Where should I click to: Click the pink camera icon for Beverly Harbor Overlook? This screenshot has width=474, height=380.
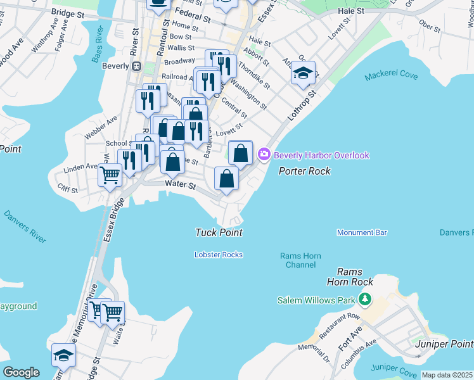(264, 155)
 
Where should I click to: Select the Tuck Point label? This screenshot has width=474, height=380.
(219, 233)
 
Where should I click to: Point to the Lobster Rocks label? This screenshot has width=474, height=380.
(219, 255)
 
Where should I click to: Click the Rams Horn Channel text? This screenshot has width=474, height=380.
(300, 260)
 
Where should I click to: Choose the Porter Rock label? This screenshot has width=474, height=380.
(305, 171)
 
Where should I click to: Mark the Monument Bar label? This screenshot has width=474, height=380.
(362, 233)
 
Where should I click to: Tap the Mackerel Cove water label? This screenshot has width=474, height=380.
(391, 76)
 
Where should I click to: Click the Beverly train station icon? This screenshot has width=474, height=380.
(136, 66)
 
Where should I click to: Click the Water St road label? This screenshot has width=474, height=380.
(179, 184)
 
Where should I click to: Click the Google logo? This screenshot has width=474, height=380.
(21, 372)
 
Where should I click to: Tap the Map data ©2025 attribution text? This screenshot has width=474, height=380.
(446, 375)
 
